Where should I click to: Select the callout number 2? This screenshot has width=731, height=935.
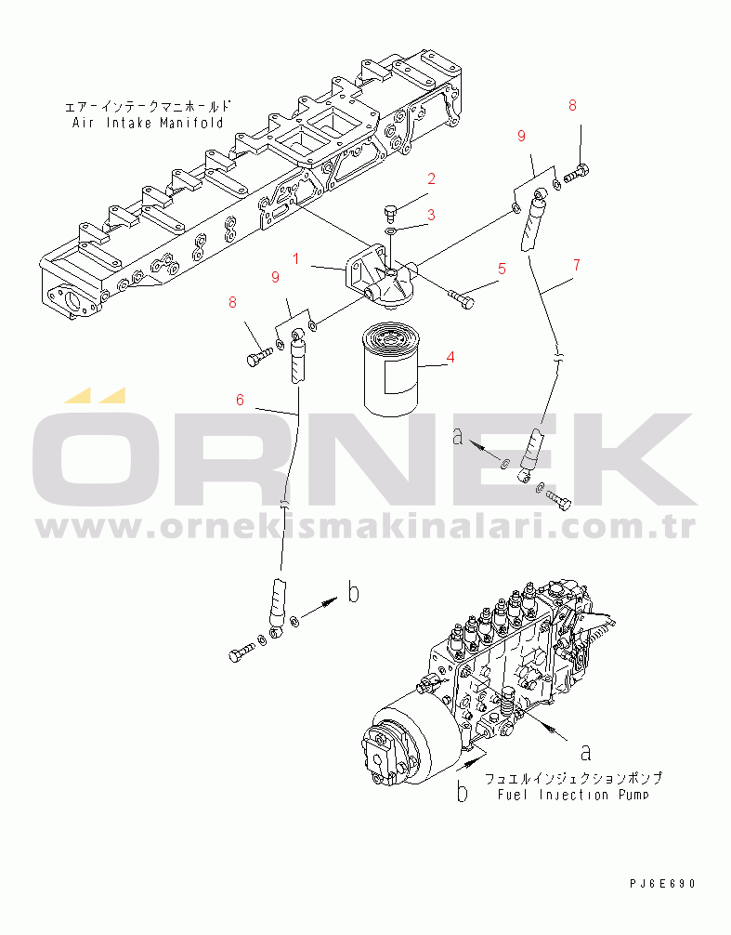pyautogui.click(x=432, y=178)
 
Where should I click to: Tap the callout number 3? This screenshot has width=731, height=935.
pyautogui.click(x=432, y=216)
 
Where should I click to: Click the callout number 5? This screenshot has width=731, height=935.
pyautogui.click(x=501, y=270)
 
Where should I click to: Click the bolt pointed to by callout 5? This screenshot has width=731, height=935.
pyautogui.click(x=459, y=298)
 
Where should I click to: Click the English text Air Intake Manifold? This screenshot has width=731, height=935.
pyautogui.click(x=148, y=123)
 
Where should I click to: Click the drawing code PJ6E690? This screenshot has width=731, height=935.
pyautogui.click(x=661, y=883)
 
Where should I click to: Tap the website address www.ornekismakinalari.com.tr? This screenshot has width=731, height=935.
pyautogui.click(x=366, y=527)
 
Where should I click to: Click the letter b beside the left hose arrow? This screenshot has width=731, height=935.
pyautogui.click(x=353, y=592)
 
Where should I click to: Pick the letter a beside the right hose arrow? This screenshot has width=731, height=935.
pyautogui.click(x=457, y=436)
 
